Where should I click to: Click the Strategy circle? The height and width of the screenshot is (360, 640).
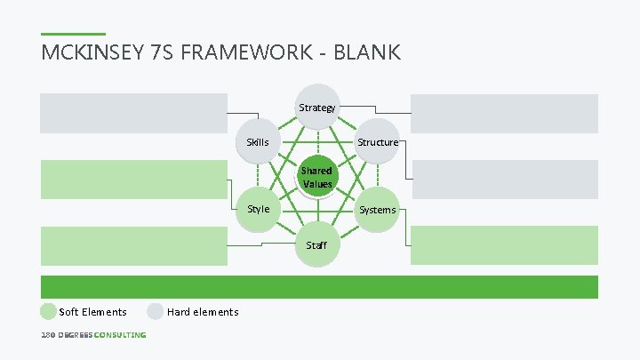pos(317,108)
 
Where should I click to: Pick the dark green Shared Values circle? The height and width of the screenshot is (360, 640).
pos(316,177)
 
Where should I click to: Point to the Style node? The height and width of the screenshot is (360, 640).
pos(259,209)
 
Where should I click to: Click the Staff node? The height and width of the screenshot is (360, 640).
pos(316,244)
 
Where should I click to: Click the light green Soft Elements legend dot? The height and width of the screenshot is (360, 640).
pos(48,311)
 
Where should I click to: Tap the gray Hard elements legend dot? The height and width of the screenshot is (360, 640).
pos(156,311)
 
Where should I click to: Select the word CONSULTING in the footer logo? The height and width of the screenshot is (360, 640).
pos(120,335)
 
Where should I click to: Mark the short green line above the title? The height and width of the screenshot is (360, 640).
pos(73,35)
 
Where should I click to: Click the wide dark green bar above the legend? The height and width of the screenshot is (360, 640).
pos(320,286)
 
